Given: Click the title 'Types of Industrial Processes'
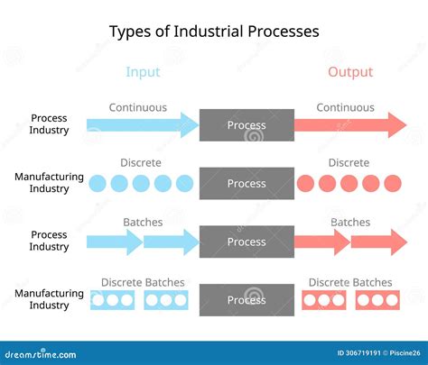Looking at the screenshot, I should [214, 32].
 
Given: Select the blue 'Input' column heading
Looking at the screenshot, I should [143, 72].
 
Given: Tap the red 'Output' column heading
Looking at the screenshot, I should [350, 72].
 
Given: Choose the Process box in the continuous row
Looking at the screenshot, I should [247, 125].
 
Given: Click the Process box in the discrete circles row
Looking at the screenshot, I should [247, 183].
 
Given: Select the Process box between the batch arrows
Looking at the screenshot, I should [247, 242].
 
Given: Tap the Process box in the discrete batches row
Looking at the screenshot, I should [247, 299].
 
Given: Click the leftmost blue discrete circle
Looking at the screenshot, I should [98, 184].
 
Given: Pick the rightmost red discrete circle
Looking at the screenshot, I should [394, 184].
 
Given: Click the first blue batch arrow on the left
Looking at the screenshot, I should [114, 242].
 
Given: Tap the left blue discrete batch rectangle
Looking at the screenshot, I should [113, 300].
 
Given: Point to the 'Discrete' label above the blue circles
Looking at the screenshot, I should [141, 163].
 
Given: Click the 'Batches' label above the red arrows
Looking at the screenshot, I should [350, 222].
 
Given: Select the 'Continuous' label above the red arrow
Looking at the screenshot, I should [345, 107].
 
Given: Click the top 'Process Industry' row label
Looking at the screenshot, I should [49, 124].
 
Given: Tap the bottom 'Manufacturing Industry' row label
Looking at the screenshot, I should [49, 299].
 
